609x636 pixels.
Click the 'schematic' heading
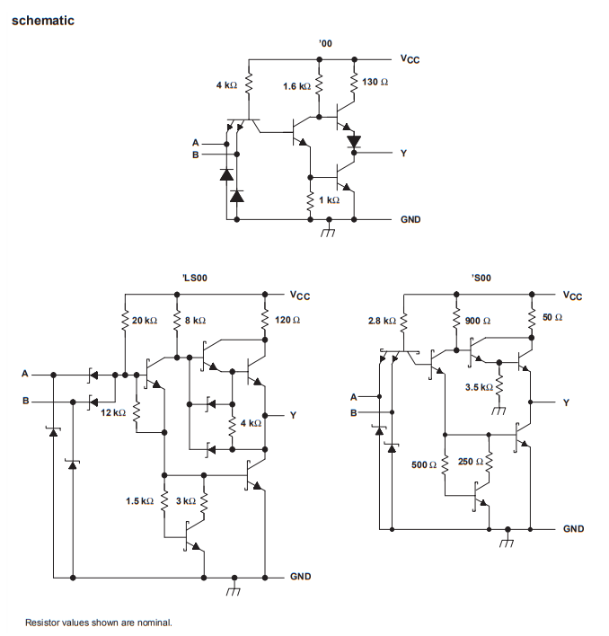click(x=42, y=20)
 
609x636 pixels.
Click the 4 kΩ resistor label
click(x=226, y=85)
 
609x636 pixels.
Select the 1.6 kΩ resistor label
click(x=296, y=86)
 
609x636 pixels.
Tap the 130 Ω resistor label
click(x=375, y=82)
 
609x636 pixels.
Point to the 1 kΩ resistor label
click(x=329, y=199)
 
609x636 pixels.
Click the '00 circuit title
click(x=324, y=43)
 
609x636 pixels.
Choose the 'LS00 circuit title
click(x=195, y=278)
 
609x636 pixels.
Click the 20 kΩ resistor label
click(x=145, y=321)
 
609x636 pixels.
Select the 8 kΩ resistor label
click(x=195, y=321)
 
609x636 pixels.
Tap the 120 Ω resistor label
click(x=287, y=320)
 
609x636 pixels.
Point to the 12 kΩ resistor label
click(x=113, y=411)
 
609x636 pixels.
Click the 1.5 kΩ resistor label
click(x=139, y=499)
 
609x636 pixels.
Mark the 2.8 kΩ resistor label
click(x=382, y=321)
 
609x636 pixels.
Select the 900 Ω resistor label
click(x=478, y=321)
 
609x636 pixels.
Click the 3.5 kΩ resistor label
click(x=478, y=387)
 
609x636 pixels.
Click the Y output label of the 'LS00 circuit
click(x=292, y=415)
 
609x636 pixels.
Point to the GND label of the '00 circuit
click(x=410, y=219)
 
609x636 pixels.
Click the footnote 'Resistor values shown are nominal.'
click(x=98, y=622)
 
